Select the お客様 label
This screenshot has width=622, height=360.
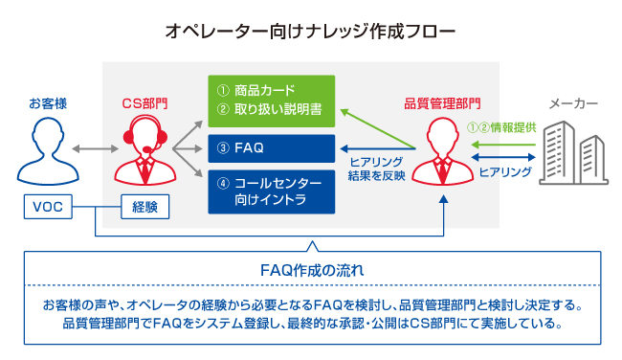click(x=47, y=102)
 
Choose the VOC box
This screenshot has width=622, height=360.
click(x=47, y=206)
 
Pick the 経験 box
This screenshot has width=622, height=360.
click(x=144, y=206)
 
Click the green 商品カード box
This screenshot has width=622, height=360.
click(x=270, y=100)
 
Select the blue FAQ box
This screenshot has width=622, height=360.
click(x=270, y=148)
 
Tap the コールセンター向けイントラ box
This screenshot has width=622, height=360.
click(x=270, y=191)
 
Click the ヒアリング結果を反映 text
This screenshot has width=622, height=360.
click(x=378, y=169)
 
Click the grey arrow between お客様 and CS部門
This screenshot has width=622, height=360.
click(x=93, y=149)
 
